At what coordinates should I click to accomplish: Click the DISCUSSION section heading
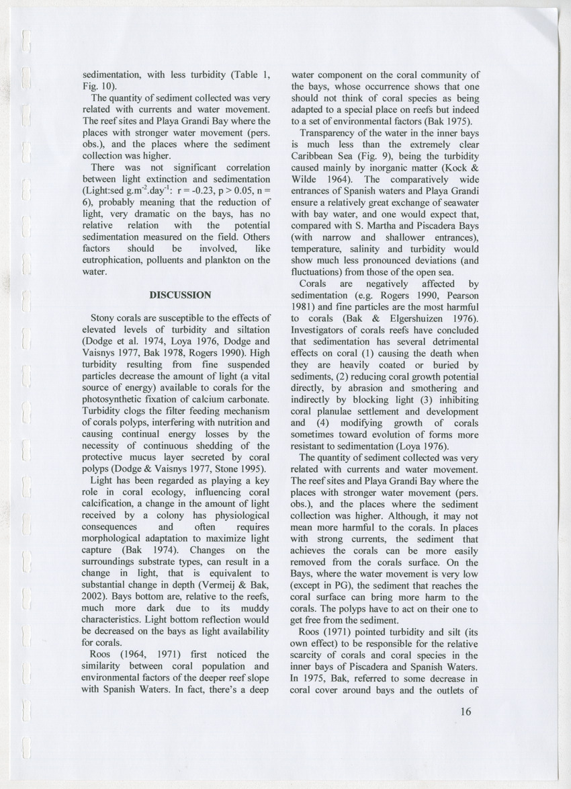click(x=180, y=294)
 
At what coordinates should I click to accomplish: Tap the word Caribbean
click(x=315, y=156)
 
